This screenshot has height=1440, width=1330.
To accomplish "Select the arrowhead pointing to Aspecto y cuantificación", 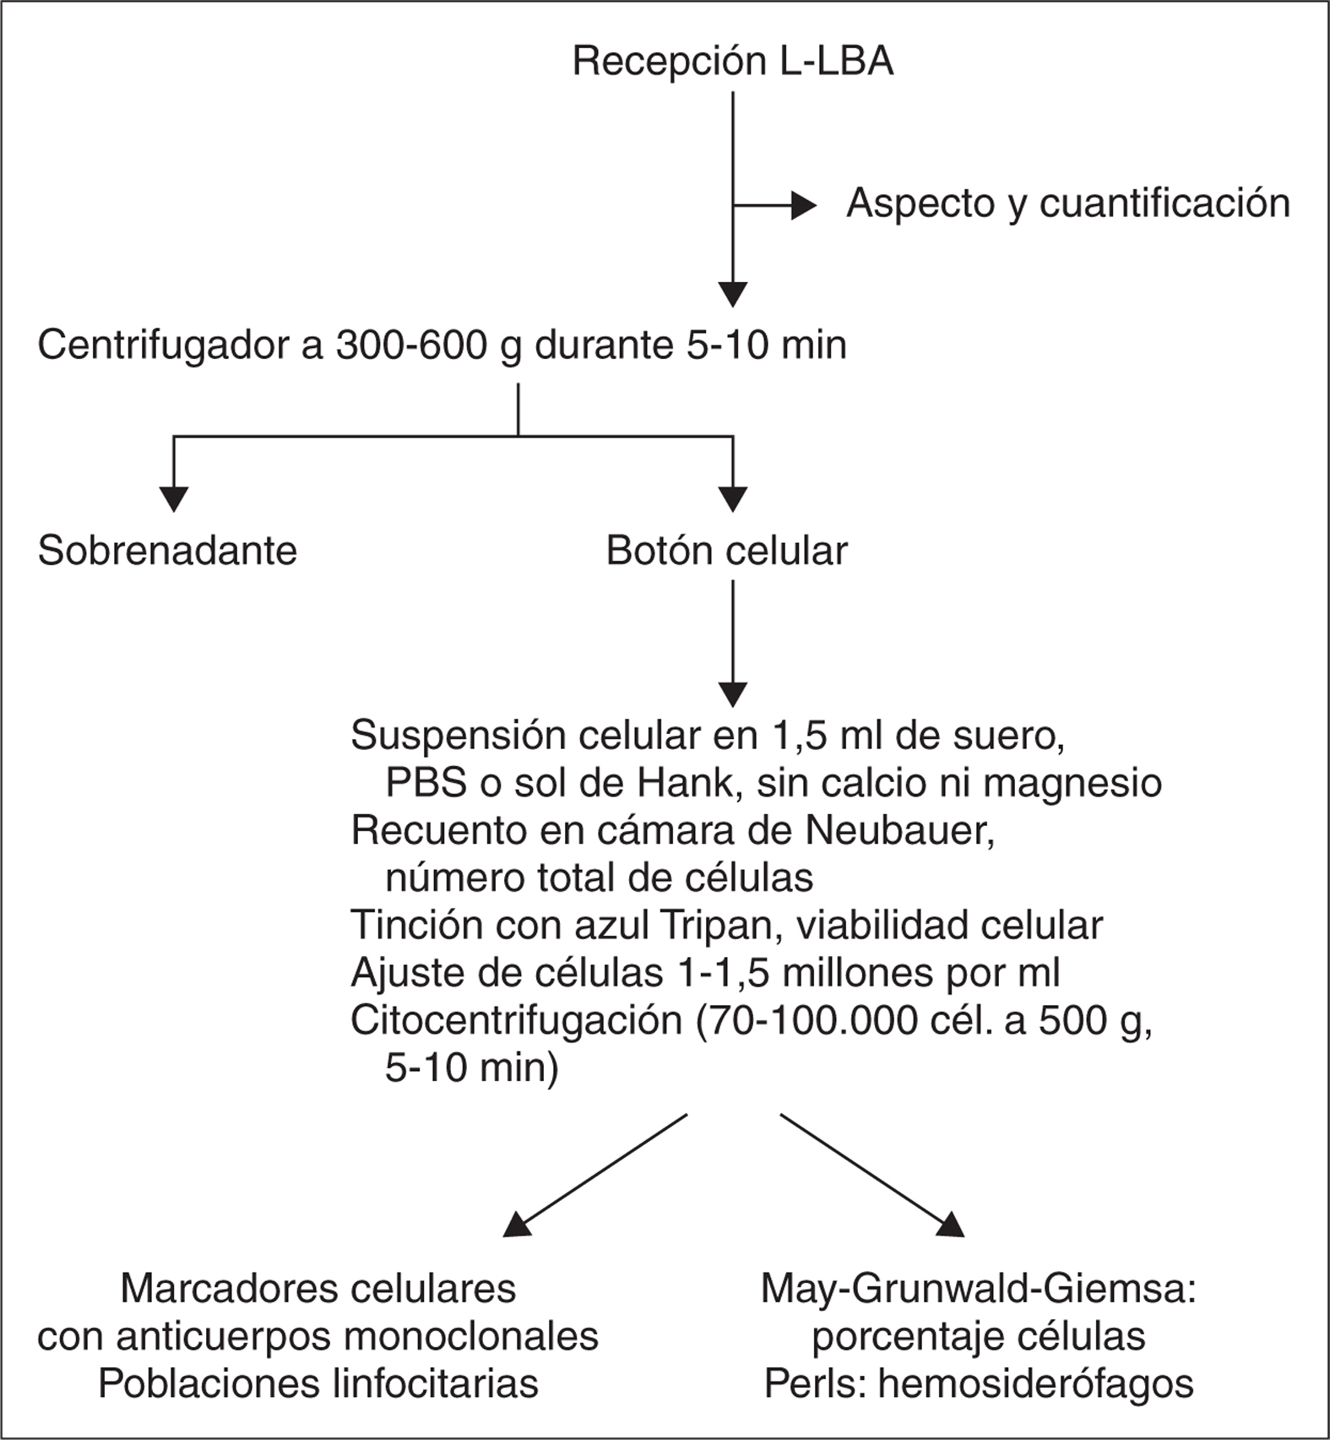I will pos(802,205).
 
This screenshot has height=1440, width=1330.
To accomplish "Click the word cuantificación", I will pos(1164,204).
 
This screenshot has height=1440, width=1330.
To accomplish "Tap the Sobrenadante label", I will pos(167,552).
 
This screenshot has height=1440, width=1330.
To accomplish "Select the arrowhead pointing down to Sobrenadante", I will pos(173,499).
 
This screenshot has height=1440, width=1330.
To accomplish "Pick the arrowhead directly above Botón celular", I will pos(732,499).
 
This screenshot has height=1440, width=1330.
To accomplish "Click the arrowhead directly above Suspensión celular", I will pos(732,694).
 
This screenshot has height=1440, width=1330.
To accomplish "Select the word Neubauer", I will pos(900,831).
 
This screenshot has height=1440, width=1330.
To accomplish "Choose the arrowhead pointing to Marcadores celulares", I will pos(516,1225).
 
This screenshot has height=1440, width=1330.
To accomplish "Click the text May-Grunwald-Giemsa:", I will pos(979,1290).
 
